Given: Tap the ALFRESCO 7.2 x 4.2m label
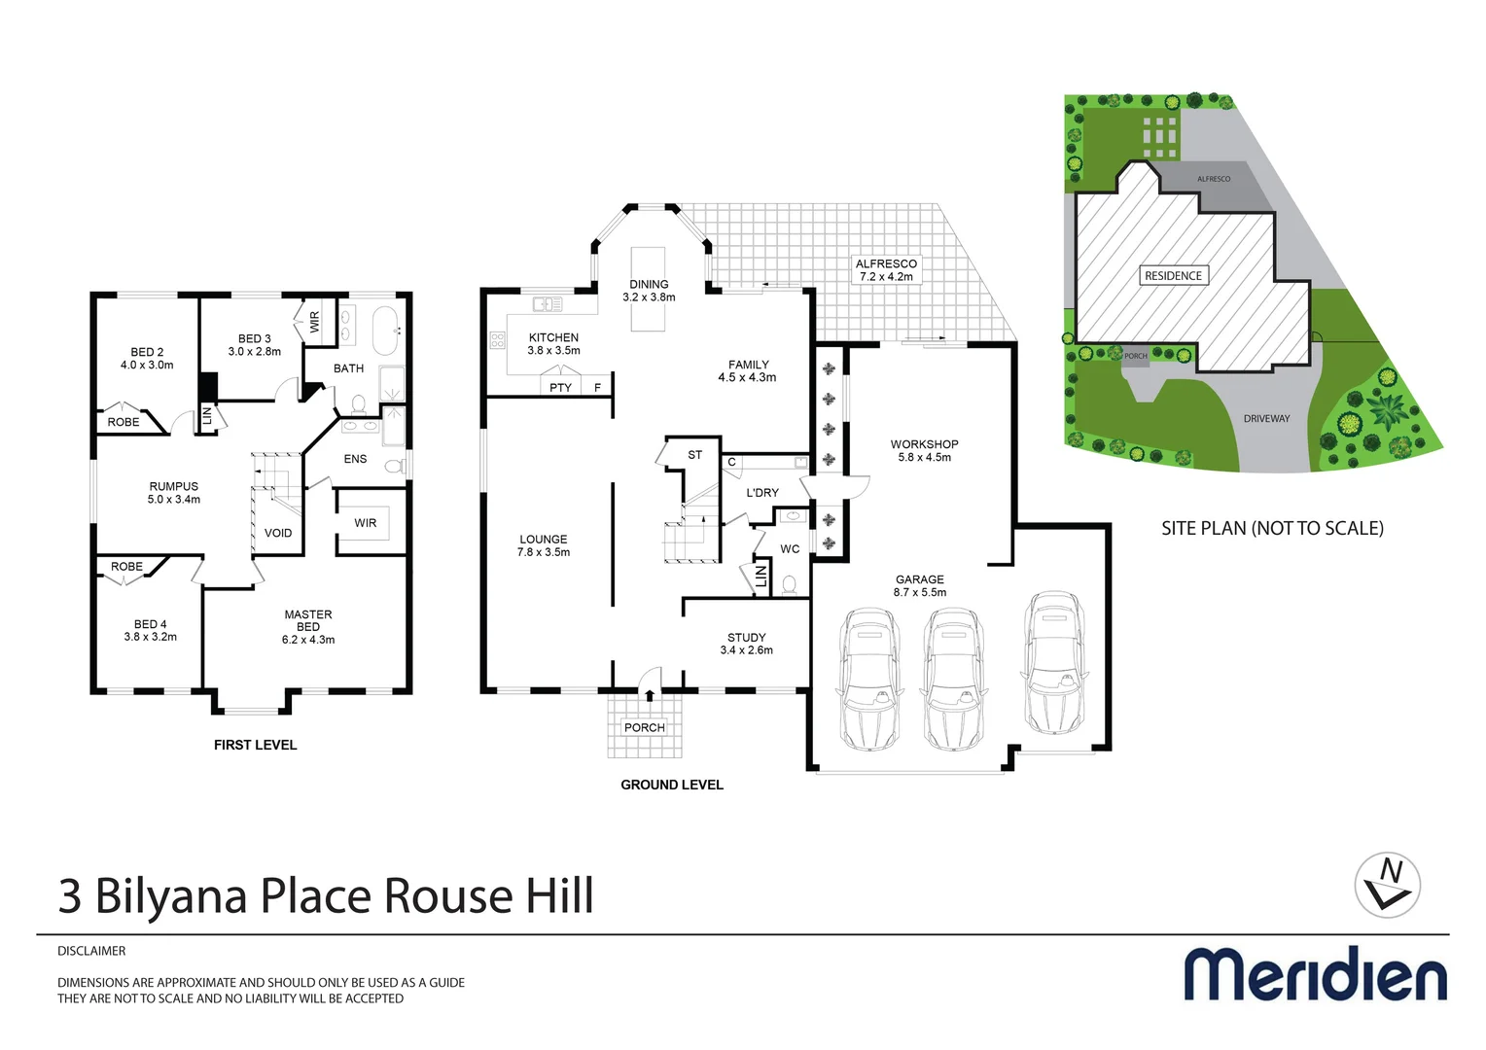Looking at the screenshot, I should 886,270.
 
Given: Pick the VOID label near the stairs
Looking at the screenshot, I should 278,533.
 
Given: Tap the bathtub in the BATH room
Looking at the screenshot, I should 386,330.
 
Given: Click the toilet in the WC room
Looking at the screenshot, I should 790,584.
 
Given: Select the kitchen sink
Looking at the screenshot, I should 548,304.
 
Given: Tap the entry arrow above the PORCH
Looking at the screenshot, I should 650,694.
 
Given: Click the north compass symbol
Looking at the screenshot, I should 1388,885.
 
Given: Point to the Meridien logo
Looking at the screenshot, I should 1315,974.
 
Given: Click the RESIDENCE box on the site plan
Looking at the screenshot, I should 1173,276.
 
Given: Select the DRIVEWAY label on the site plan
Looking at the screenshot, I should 1266,419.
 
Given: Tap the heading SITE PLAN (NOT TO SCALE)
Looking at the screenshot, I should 1272,529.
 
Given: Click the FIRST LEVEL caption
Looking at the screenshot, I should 255,745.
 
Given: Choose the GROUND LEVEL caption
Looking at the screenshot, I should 672,785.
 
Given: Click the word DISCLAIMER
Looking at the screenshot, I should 91,951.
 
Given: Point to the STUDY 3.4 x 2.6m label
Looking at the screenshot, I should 747,644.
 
